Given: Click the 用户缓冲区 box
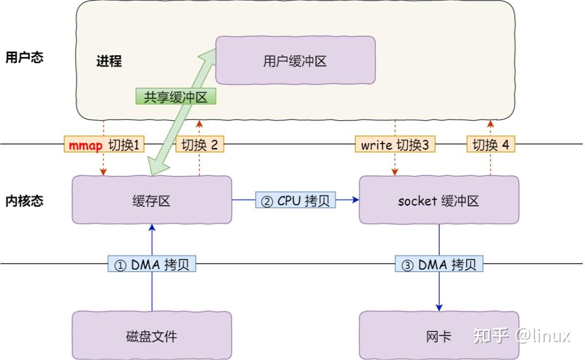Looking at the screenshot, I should coord(295,60).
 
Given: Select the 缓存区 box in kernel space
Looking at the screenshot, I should coord(152,200).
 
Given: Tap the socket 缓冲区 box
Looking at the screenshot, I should coord(439,200).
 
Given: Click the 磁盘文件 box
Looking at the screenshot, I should coord(152,336).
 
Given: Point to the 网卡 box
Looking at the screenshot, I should coord(439,336).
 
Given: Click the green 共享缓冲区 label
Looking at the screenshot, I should coord(175,97).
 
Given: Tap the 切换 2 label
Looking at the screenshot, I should coord(199,145).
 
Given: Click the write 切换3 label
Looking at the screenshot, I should coord(395,145).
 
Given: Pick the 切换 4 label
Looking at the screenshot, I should coord(491,145).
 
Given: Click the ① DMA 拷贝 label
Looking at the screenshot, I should coord(152,264).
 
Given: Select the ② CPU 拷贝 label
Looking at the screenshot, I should coord(295,200).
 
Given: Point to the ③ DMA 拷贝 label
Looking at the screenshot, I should coord(439,264).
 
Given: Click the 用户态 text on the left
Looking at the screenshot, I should coord(24,57).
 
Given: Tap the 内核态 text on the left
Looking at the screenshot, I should coord(24,201).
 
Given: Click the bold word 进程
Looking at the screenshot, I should coord(109,61).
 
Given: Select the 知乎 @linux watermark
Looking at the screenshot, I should coord(522,335).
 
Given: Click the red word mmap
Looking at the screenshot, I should coord(86,145).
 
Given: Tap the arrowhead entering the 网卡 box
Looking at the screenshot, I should coord(439,307).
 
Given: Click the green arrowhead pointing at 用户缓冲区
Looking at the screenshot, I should coord(207,55).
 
